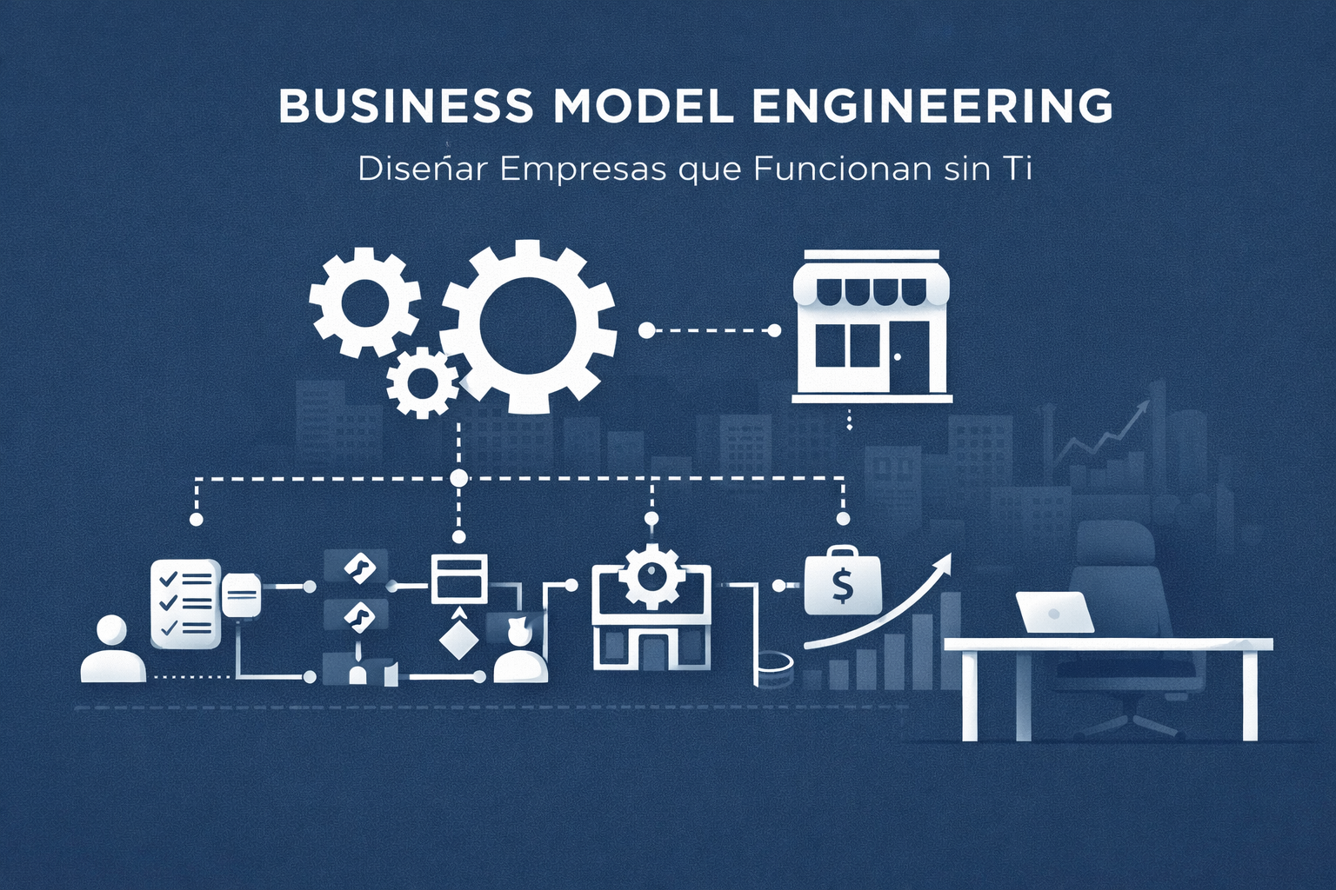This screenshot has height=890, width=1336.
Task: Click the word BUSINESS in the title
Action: click(x=405, y=105)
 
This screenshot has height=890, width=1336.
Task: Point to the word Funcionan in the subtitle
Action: click(x=842, y=169)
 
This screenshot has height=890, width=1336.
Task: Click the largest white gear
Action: click(x=529, y=327)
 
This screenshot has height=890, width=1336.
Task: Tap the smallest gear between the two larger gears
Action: click(x=423, y=382)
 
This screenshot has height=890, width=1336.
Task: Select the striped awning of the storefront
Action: click(x=872, y=288)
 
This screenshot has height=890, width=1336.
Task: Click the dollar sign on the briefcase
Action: click(x=842, y=585)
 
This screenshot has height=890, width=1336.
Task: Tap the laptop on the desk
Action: click(x=1054, y=613)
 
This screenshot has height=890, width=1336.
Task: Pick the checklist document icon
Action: click(x=184, y=603)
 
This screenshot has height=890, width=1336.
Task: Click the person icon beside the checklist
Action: click(x=112, y=650)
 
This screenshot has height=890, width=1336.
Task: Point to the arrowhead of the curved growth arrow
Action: click(x=943, y=563)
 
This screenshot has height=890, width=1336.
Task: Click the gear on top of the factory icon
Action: click(x=650, y=575)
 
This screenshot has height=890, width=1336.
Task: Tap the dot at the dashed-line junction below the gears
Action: click(x=458, y=478)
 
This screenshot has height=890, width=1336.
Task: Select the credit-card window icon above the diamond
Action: click(x=459, y=577)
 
